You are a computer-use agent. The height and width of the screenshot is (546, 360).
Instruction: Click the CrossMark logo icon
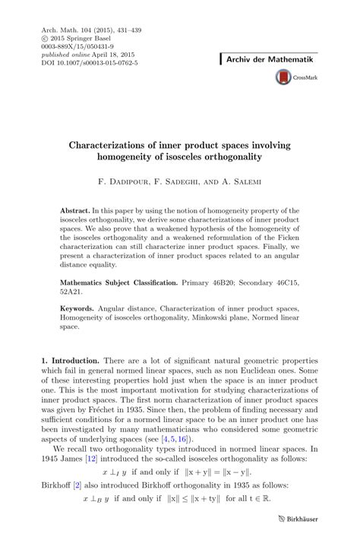pyautogui.click(x=284, y=77)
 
